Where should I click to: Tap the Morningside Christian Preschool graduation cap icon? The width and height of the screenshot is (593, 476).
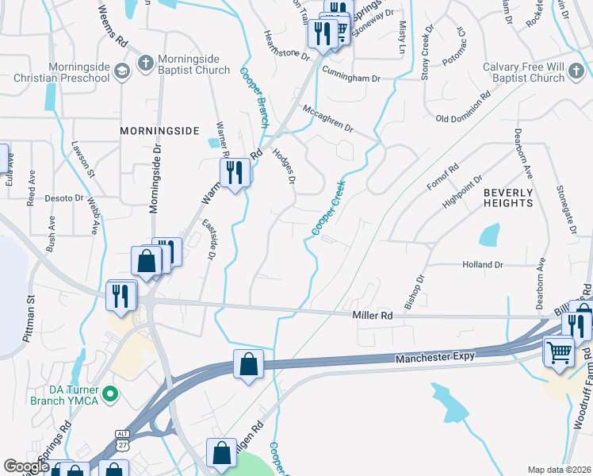[x=121, y=72]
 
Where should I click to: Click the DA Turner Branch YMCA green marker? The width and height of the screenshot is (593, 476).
[x=111, y=392]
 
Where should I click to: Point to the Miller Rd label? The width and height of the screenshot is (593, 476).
[x=373, y=315]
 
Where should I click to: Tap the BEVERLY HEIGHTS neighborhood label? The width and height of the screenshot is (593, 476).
[x=508, y=198]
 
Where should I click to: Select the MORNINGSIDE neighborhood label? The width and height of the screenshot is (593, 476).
[x=159, y=130]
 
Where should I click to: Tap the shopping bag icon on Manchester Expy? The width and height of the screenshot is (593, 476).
[x=249, y=364]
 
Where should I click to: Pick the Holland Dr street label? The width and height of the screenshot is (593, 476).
[x=483, y=264]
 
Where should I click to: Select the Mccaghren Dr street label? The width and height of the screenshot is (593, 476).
[x=326, y=117]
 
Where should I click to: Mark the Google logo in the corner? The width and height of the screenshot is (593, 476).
[x=26, y=466]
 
